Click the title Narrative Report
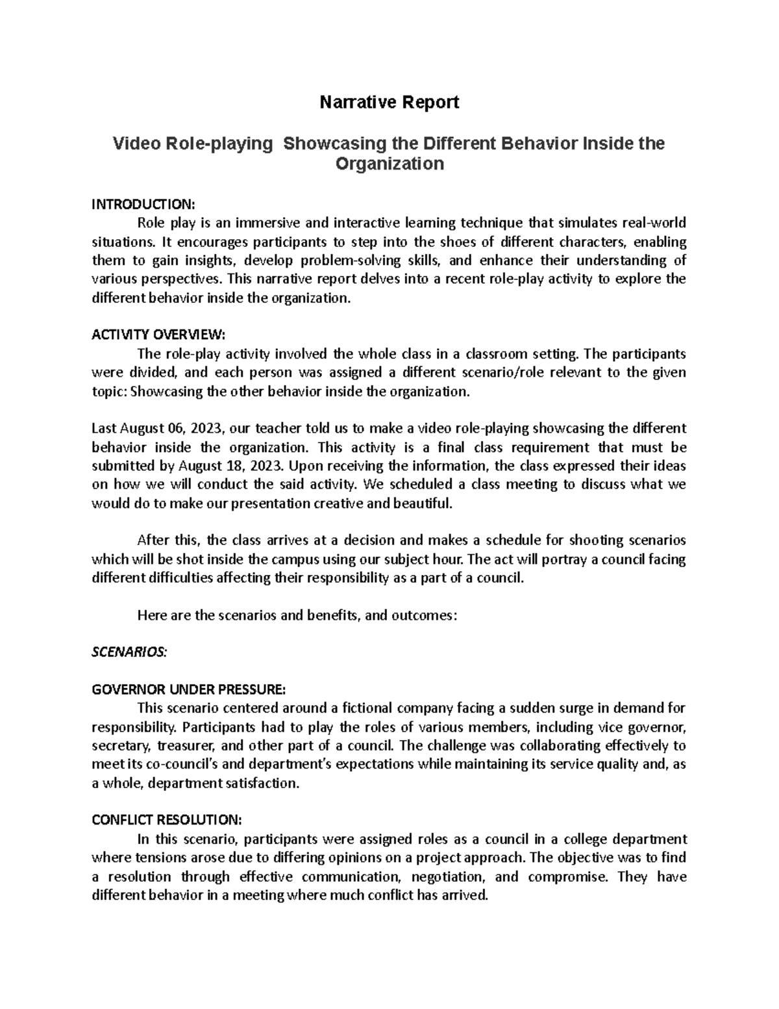tap(389, 102)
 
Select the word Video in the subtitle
tap(136, 143)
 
